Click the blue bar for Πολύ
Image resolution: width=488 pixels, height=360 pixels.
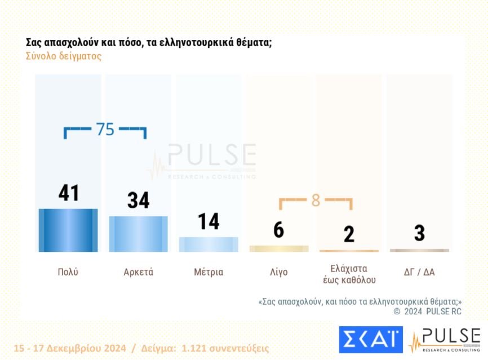coord(68,230)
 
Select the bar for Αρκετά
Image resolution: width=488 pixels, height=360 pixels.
coord(138,234)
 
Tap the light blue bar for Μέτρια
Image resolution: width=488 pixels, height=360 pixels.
coord(208,244)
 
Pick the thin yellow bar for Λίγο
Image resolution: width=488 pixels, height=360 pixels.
coord(278,248)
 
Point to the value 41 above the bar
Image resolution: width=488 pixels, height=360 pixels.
coord(69,193)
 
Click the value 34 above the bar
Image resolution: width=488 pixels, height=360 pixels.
coord(138,200)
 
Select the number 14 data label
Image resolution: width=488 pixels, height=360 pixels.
coord(208,221)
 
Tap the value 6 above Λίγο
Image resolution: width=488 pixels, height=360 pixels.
coord(278,230)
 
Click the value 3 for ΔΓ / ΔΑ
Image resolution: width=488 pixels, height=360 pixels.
coord(419,233)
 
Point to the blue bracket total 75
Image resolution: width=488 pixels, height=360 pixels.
coord(105,130)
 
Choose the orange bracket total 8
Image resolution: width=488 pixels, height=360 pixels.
coord(316,201)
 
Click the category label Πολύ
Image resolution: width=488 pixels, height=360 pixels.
coord(68,272)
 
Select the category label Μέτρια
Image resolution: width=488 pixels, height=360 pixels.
coord(208,272)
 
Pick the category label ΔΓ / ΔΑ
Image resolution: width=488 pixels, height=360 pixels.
coord(419,272)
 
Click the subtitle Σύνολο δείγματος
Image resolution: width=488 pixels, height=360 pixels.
coord(64,56)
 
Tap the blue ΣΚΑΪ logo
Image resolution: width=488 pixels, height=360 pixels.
coord(370,339)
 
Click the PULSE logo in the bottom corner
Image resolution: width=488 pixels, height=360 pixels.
coord(445,340)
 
